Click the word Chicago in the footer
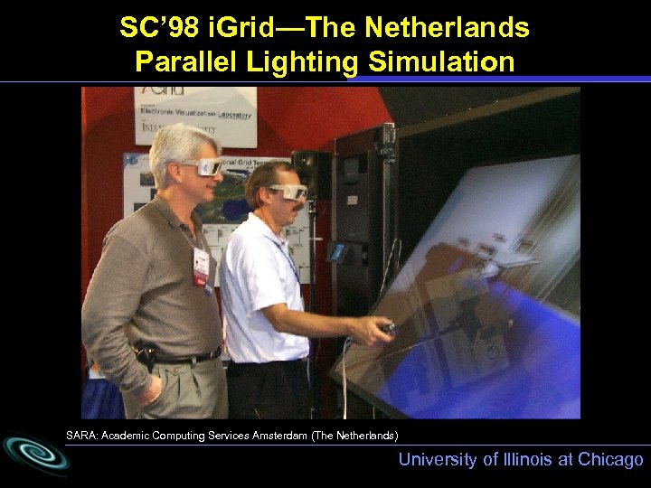click(608, 459)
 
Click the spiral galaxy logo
click(34, 455)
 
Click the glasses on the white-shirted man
click(289, 192)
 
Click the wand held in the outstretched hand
click(388, 326)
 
